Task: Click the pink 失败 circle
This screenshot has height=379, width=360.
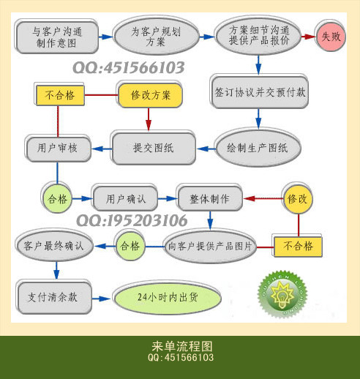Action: tap(331, 37)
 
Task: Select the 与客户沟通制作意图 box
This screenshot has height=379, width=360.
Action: tap(57, 37)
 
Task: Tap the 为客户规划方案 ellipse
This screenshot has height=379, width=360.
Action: tap(157, 37)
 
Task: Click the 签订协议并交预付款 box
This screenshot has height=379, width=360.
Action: tap(260, 92)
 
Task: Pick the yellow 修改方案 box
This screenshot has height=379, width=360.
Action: tap(151, 95)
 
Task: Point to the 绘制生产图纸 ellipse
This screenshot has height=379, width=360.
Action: tap(258, 148)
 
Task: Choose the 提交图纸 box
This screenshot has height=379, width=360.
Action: tap(154, 149)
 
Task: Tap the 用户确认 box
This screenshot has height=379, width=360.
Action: tap(125, 199)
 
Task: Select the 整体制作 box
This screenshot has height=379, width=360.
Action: tap(210, 199)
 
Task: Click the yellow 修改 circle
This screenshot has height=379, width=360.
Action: tap(298, 199)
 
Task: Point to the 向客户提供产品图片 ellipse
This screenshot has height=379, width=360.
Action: tap(210, 247)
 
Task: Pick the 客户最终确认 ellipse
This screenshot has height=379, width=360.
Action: tap(54, 246)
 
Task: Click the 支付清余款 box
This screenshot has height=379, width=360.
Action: tap(53, 298)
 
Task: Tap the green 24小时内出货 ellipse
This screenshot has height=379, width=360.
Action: tap(168, 298)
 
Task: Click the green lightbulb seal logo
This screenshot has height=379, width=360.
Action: tap(282, 294)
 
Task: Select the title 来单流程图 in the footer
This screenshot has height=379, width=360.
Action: tap(182, 346)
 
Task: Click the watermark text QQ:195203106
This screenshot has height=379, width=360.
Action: tap(132, 220)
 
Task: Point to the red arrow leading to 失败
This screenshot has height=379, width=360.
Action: tap(308, 37)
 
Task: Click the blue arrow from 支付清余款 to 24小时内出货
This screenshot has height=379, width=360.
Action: tap(101, 299)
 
